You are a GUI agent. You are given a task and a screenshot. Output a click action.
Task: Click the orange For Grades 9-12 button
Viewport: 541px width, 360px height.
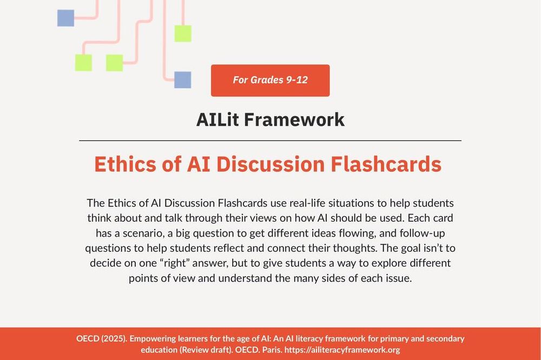(270, 81)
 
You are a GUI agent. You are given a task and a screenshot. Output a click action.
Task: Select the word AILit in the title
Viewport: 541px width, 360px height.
(217, 119)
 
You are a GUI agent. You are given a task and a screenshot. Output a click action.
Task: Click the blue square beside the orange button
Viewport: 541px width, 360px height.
(182, 80)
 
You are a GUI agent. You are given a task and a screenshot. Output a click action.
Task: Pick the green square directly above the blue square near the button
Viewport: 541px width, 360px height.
(183, 34)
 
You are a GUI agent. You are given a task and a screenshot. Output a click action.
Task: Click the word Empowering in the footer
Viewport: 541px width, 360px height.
(156, 339)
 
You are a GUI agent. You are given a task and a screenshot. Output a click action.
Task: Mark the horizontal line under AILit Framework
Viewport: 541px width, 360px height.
(270, 141)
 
